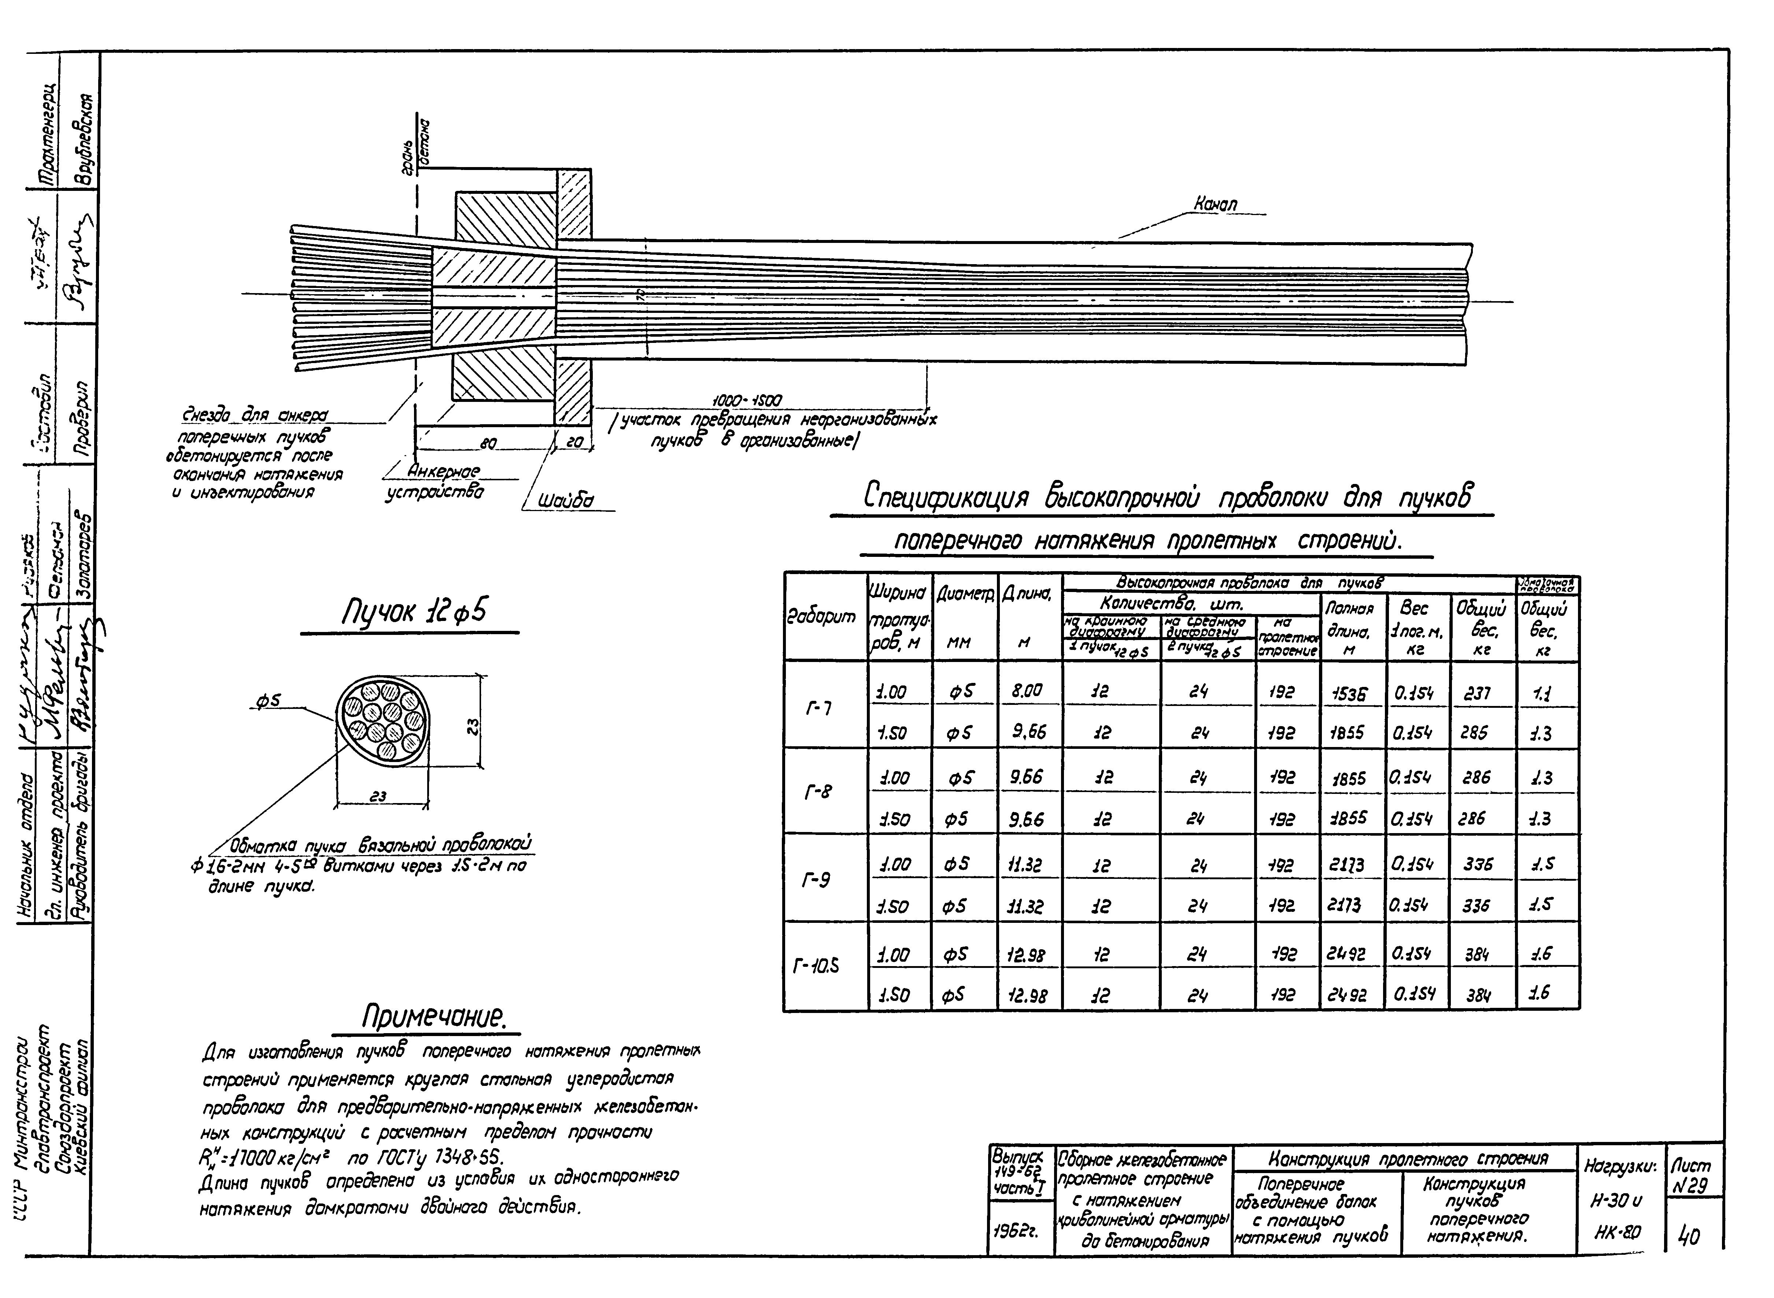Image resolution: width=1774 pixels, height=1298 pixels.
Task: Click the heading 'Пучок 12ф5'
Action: click(413, 610)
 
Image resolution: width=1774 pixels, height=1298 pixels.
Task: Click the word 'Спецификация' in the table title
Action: click(947, 498)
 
